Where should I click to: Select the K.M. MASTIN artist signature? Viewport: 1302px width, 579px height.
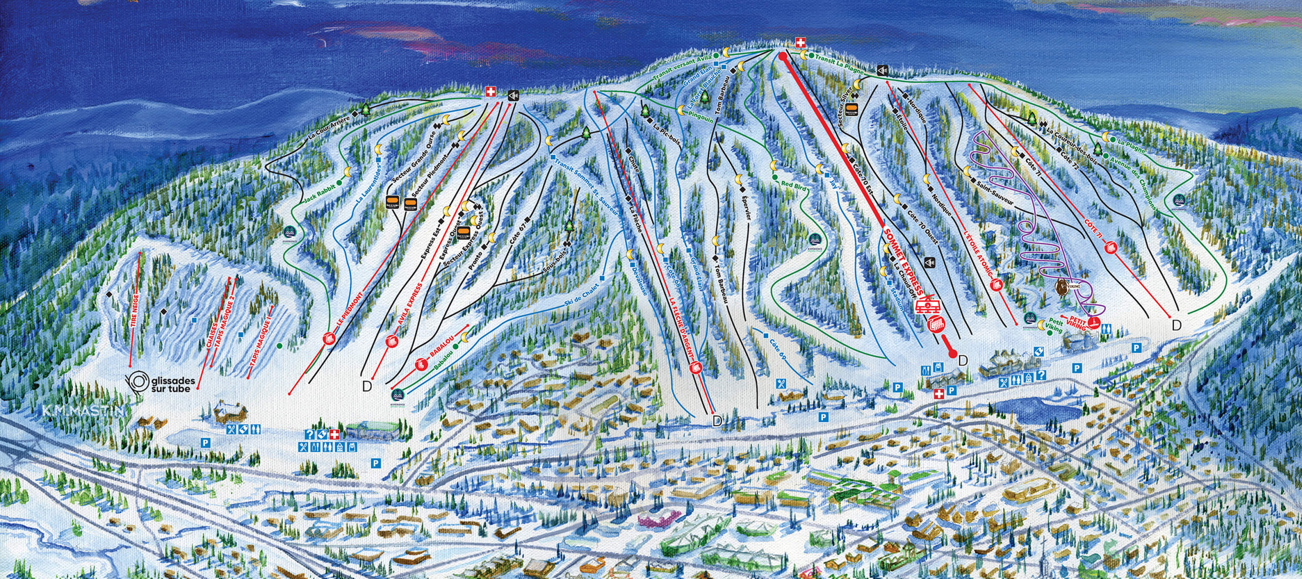(83, 411)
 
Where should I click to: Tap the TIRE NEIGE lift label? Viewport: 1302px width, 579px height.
(135, 306)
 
